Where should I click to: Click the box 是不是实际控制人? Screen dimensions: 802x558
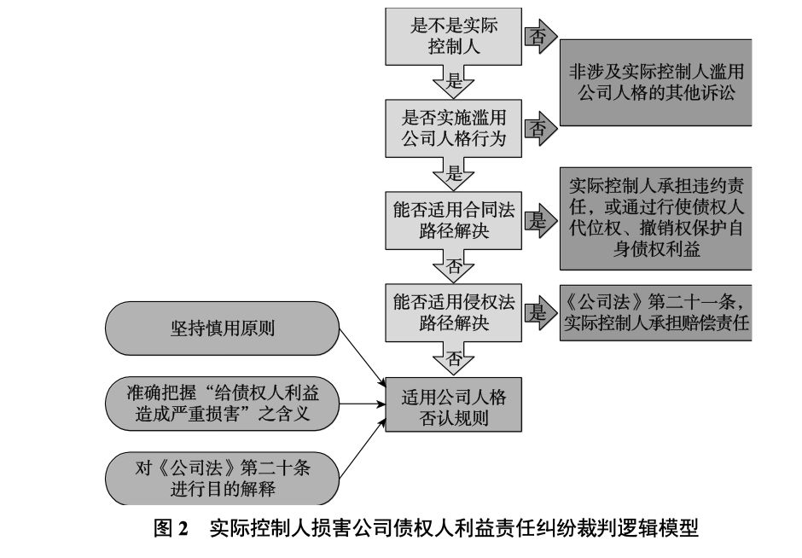(453, 37)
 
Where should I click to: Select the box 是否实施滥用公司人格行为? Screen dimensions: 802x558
(453, 128)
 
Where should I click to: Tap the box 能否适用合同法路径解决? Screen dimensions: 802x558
(453, 220)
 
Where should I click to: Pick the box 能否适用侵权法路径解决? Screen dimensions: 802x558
(453, 312)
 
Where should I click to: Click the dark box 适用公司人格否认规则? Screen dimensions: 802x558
(453, 404)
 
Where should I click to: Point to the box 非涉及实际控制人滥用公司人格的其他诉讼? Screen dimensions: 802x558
(656, 83)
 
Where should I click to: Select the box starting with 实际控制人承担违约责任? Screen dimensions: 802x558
(656, 218)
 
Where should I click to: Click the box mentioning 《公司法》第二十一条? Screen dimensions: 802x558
(656, 312)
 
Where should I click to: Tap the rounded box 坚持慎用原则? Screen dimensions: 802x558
(223, 328)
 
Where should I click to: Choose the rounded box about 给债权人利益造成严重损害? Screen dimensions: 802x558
(223, 404)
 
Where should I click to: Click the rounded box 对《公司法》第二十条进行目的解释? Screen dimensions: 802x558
(223, 478)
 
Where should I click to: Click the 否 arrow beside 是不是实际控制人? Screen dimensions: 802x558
(540, 37)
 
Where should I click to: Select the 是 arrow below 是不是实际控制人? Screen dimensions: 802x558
(453, 82)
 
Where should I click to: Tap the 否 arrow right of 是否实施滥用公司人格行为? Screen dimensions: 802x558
(540, 128)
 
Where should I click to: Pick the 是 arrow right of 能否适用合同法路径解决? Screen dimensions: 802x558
(540, 220)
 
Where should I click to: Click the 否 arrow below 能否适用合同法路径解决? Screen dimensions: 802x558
(453, 266)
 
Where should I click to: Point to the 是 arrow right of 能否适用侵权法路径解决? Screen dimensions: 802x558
(540, 312)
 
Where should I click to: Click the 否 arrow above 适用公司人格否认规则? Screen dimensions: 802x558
(453, 358)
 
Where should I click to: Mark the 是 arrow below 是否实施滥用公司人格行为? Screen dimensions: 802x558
(453, 174)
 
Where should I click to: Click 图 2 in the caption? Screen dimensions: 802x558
(171, 528)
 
